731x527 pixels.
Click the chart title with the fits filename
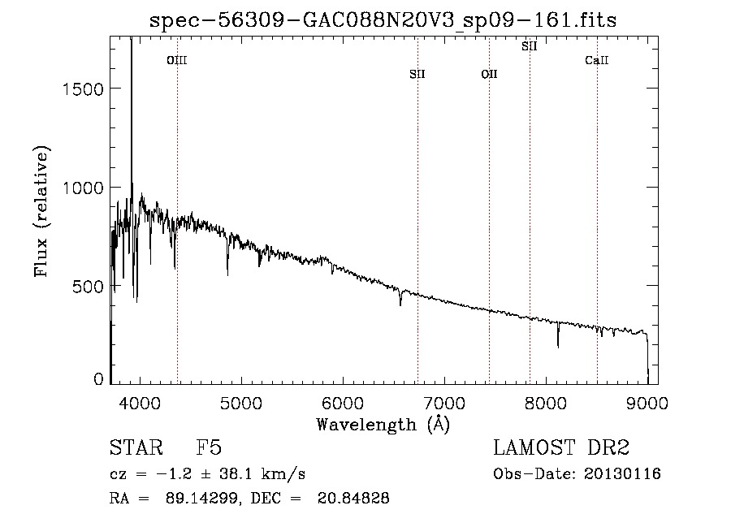383,20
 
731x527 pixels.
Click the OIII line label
177,60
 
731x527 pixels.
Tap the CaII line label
597,60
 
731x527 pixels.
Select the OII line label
489,74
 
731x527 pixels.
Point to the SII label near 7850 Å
529,46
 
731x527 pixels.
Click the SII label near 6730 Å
417,74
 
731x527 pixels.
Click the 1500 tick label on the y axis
83,89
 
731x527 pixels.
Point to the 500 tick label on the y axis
88,286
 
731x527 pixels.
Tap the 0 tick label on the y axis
98,379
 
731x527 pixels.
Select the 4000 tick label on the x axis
140,403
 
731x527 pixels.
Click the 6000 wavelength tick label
343,403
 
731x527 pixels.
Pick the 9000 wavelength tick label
647,403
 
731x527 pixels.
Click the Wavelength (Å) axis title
383,425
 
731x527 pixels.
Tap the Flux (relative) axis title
41,211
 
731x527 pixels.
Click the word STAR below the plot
136,447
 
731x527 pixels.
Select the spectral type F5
209,447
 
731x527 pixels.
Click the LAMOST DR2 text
561,447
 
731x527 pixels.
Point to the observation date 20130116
622,474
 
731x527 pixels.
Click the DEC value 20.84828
353,498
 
